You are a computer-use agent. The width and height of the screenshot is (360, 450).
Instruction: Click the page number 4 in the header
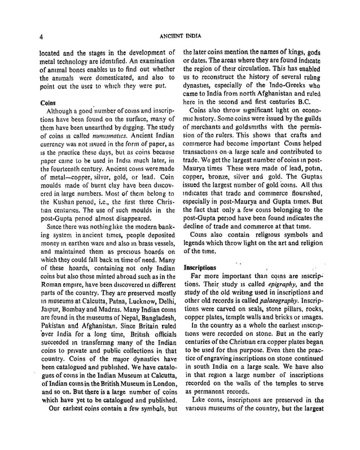point(42,37)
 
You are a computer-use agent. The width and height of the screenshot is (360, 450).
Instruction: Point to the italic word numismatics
point(94,137)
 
